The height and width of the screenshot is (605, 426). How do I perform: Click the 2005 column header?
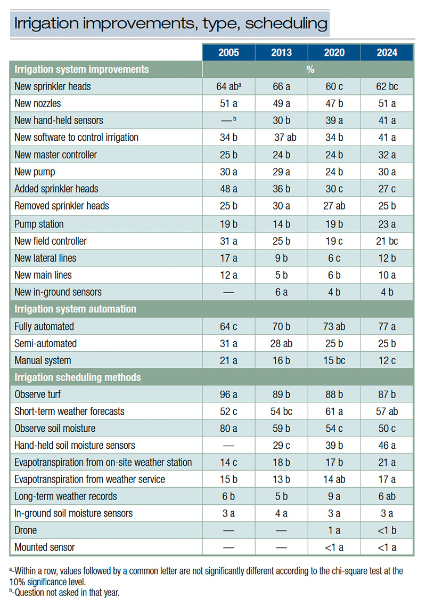click(x=228, y=53)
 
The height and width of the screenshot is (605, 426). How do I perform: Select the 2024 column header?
click(x=387, y=53)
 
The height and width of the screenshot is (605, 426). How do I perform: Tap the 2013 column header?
click(x=281, y=53)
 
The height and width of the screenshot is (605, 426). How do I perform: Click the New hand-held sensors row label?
click(x=59, y=120)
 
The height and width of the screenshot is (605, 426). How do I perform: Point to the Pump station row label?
click(x=39, y=224)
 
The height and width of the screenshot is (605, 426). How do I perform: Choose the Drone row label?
click(x=26, y=530)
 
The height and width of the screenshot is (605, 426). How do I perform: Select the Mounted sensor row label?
click(x=45, y=547)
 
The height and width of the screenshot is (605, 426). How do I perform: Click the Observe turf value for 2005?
click(x=228, y=394)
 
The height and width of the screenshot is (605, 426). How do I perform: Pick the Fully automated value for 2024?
click(x=387, y=326)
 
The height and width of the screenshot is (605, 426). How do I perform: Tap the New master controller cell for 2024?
click(x=387, y=155)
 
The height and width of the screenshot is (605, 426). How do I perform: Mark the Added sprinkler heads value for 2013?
click(x=281, y=189)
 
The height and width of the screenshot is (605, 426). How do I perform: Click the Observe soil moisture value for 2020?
click(x=334, y=429)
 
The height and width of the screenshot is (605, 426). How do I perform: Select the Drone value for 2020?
click(x=334, y=530)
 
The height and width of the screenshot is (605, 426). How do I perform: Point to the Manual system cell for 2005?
click(x=228, y=360)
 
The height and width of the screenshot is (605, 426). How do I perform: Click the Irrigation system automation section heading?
click(x=75, y=309)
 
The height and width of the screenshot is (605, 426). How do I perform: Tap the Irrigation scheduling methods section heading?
click(x=78, y=377)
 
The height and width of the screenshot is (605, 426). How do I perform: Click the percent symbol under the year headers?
click(x=307, y=70)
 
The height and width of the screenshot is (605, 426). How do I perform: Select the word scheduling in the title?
click(x=286, y=23)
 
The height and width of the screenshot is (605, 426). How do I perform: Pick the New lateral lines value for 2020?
click(x=334, y=258)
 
